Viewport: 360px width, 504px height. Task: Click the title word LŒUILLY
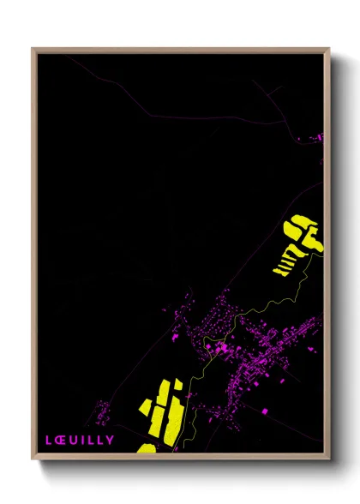click(x=79, y=440)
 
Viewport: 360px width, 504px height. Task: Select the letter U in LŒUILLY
click(x=75, y=440)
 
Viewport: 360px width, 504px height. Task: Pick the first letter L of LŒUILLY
click(x=49, y=440)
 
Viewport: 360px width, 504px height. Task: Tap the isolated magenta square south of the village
click(x=264, y=411)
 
